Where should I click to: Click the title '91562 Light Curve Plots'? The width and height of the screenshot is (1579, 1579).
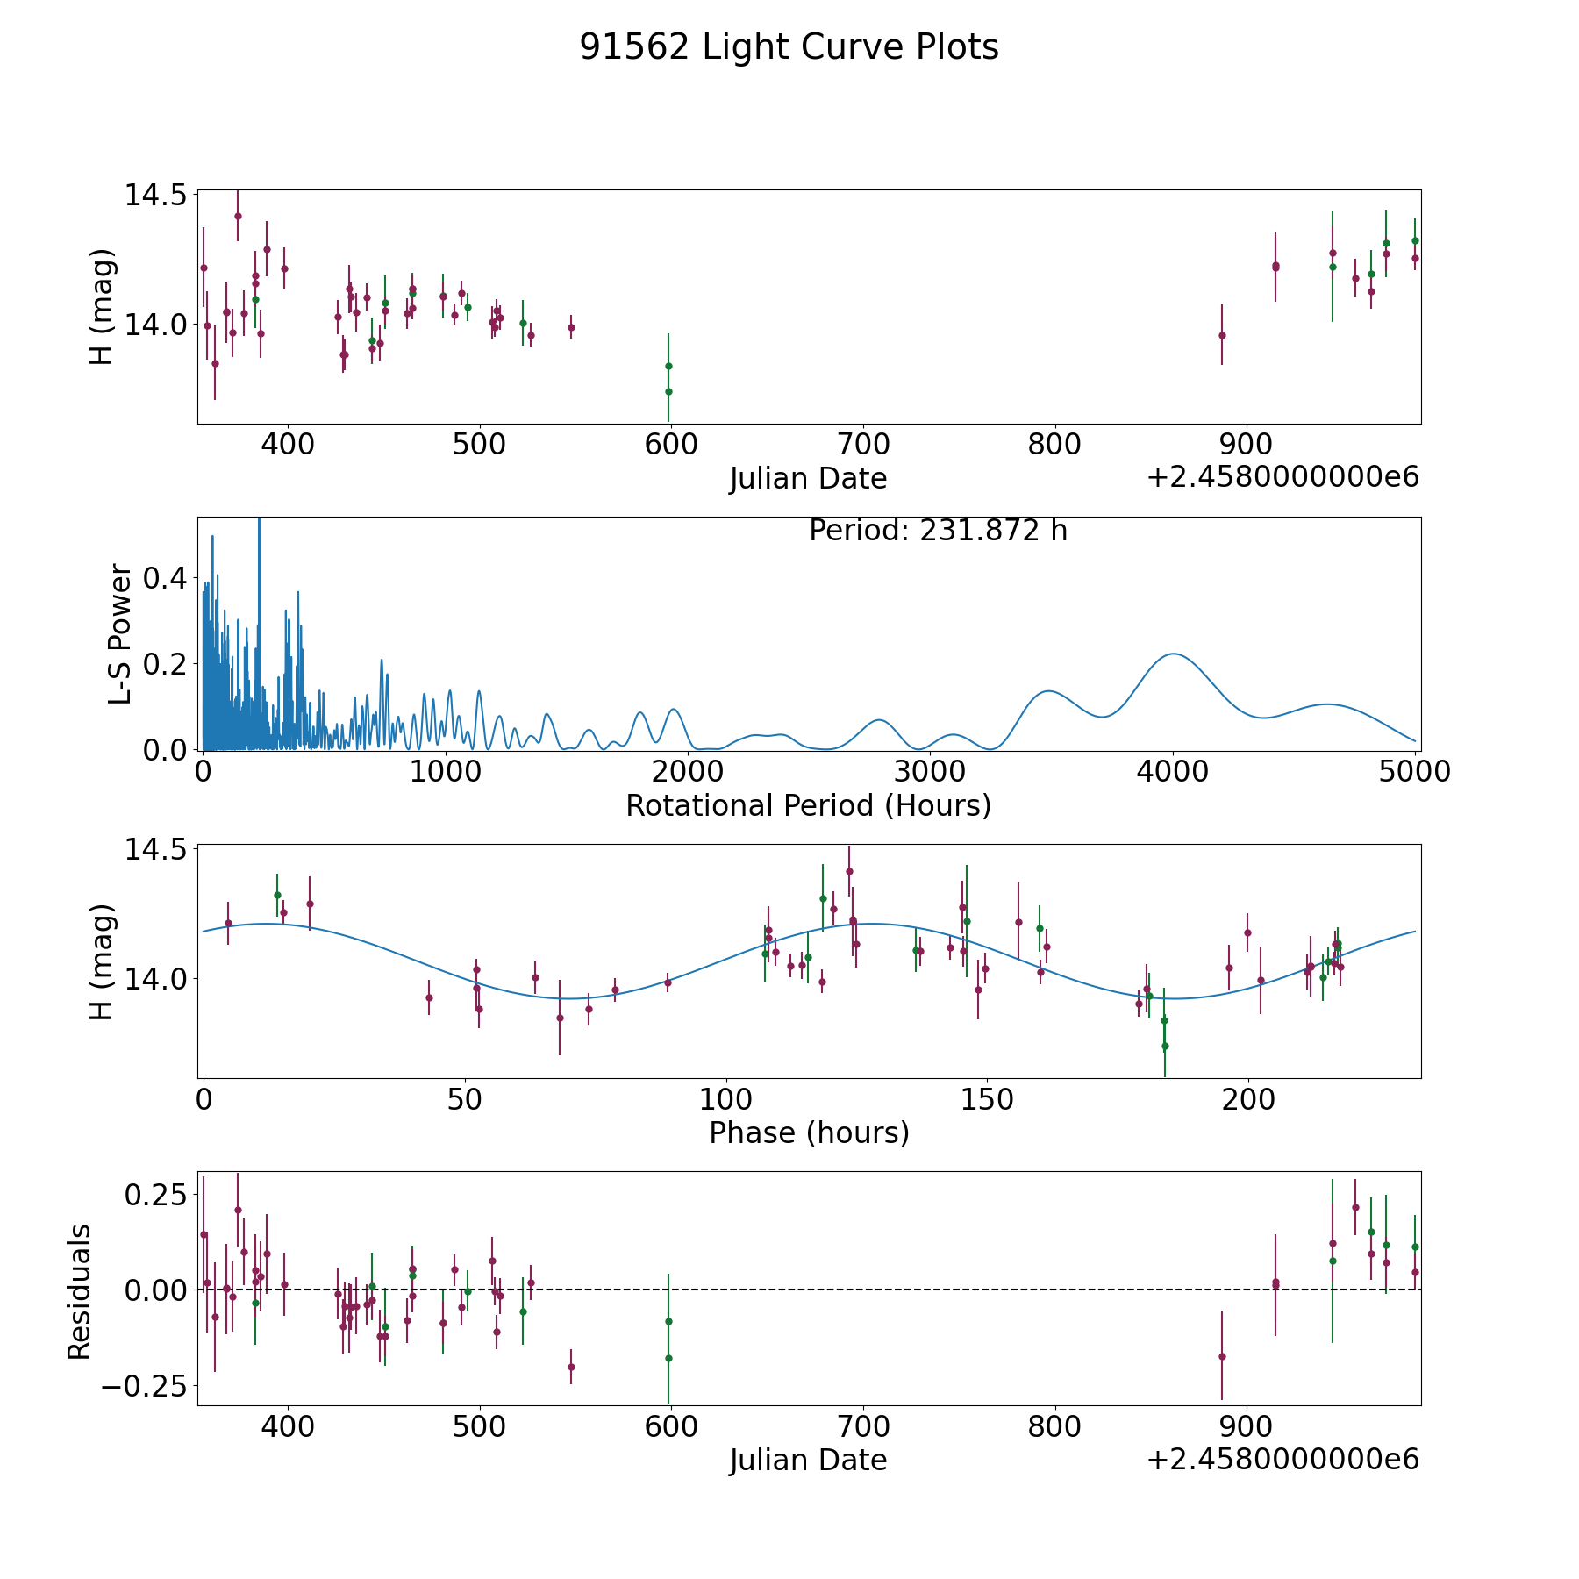[x=789, y=47]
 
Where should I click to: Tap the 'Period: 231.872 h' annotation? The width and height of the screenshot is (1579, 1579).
[x=938, y=531]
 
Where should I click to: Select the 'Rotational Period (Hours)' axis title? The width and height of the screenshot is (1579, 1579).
[x=808, y=805]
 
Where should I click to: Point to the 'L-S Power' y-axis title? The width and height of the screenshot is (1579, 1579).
[x=120, y=634]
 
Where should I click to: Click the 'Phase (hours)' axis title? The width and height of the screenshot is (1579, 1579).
[x=809, y=1132]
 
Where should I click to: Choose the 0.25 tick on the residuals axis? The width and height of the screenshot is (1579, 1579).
[x=158, y=1195]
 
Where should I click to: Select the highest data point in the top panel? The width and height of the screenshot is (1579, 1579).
[x=238, y=216]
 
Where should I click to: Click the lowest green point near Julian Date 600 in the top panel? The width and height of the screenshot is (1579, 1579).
[x=668, y=391]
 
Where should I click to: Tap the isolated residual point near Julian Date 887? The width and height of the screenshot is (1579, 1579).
[x=1222, y=1356]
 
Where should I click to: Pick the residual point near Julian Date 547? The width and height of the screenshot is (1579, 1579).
[x=571, y=1367]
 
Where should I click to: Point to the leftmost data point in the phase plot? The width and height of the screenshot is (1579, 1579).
[x=228, y=923]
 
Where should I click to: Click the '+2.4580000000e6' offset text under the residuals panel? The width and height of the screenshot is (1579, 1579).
[x=1282, y=1459]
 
